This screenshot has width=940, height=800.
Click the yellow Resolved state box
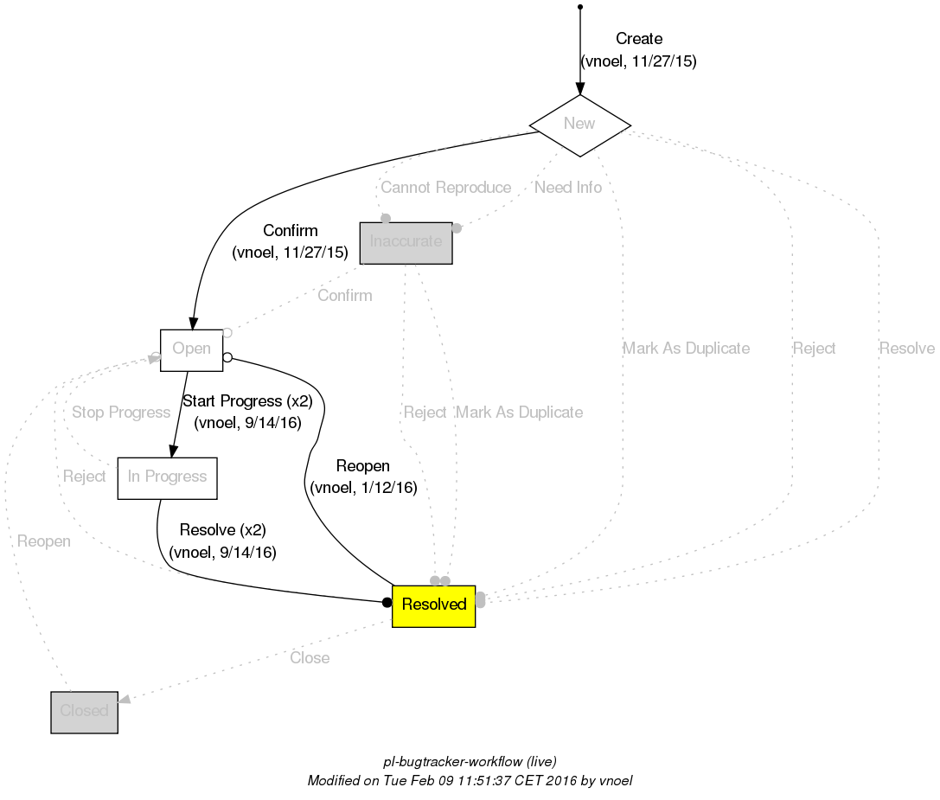coord(433,605)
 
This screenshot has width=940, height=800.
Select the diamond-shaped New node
coord(579,124)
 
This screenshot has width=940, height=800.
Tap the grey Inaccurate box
coord(406,242)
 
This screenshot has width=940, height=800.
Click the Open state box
coord(191,349)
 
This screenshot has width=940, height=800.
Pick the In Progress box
coord(167,477)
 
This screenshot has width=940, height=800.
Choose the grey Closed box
coord(84,712)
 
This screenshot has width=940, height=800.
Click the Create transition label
coord(639,39)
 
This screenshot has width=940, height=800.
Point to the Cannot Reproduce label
coord(445,188)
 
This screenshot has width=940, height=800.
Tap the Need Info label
coord(567,188)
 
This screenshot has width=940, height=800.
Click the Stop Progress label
coord(121,413)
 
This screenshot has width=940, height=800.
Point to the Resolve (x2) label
coord(222,530)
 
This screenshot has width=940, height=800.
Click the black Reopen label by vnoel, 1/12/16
coord(363,467)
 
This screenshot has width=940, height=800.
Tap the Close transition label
coord(310,658)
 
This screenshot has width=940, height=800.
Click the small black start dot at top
coord(579,7)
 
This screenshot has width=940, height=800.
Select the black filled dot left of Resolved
coord(387,603)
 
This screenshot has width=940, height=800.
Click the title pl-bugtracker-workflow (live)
coord(470,762)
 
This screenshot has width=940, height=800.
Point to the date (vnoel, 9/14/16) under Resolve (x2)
coord(222,552)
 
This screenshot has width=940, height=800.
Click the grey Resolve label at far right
coord(906,349)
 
